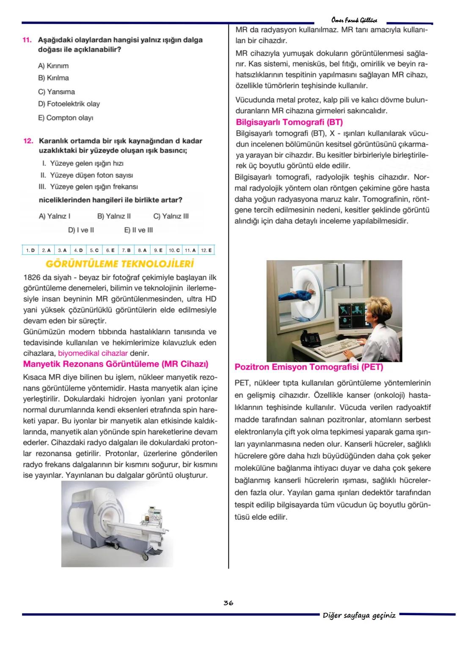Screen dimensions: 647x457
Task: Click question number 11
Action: (x=27, y=40)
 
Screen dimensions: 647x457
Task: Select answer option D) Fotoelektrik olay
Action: (x=69, y=104)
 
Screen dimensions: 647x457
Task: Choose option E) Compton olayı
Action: (x=66, y=118)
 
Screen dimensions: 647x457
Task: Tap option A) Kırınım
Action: (x=53, y=66)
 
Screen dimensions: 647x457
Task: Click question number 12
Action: (x=27, y=141)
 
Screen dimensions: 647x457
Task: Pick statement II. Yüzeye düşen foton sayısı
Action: (x=86, y=175)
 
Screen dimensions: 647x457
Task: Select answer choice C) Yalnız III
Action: (x=171, y=216)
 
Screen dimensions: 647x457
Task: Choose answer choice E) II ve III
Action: (x=138, y=230)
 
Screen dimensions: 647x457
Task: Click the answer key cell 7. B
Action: (x=126, y=250)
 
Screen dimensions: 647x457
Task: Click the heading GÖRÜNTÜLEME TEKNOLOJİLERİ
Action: (x=119, y=264)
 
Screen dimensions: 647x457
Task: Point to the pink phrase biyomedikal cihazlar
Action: (x=92, y=353)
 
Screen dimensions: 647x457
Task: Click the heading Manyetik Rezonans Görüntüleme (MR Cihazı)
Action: (x=116, y=364)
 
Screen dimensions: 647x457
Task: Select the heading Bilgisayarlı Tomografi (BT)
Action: (x=289, y=122)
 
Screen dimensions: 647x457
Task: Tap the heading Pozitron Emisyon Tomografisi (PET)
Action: (x=308, y=367)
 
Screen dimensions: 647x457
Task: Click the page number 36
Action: (x=228, y=603)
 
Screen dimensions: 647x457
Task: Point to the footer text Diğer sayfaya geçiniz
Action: (x=359, y=615)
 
